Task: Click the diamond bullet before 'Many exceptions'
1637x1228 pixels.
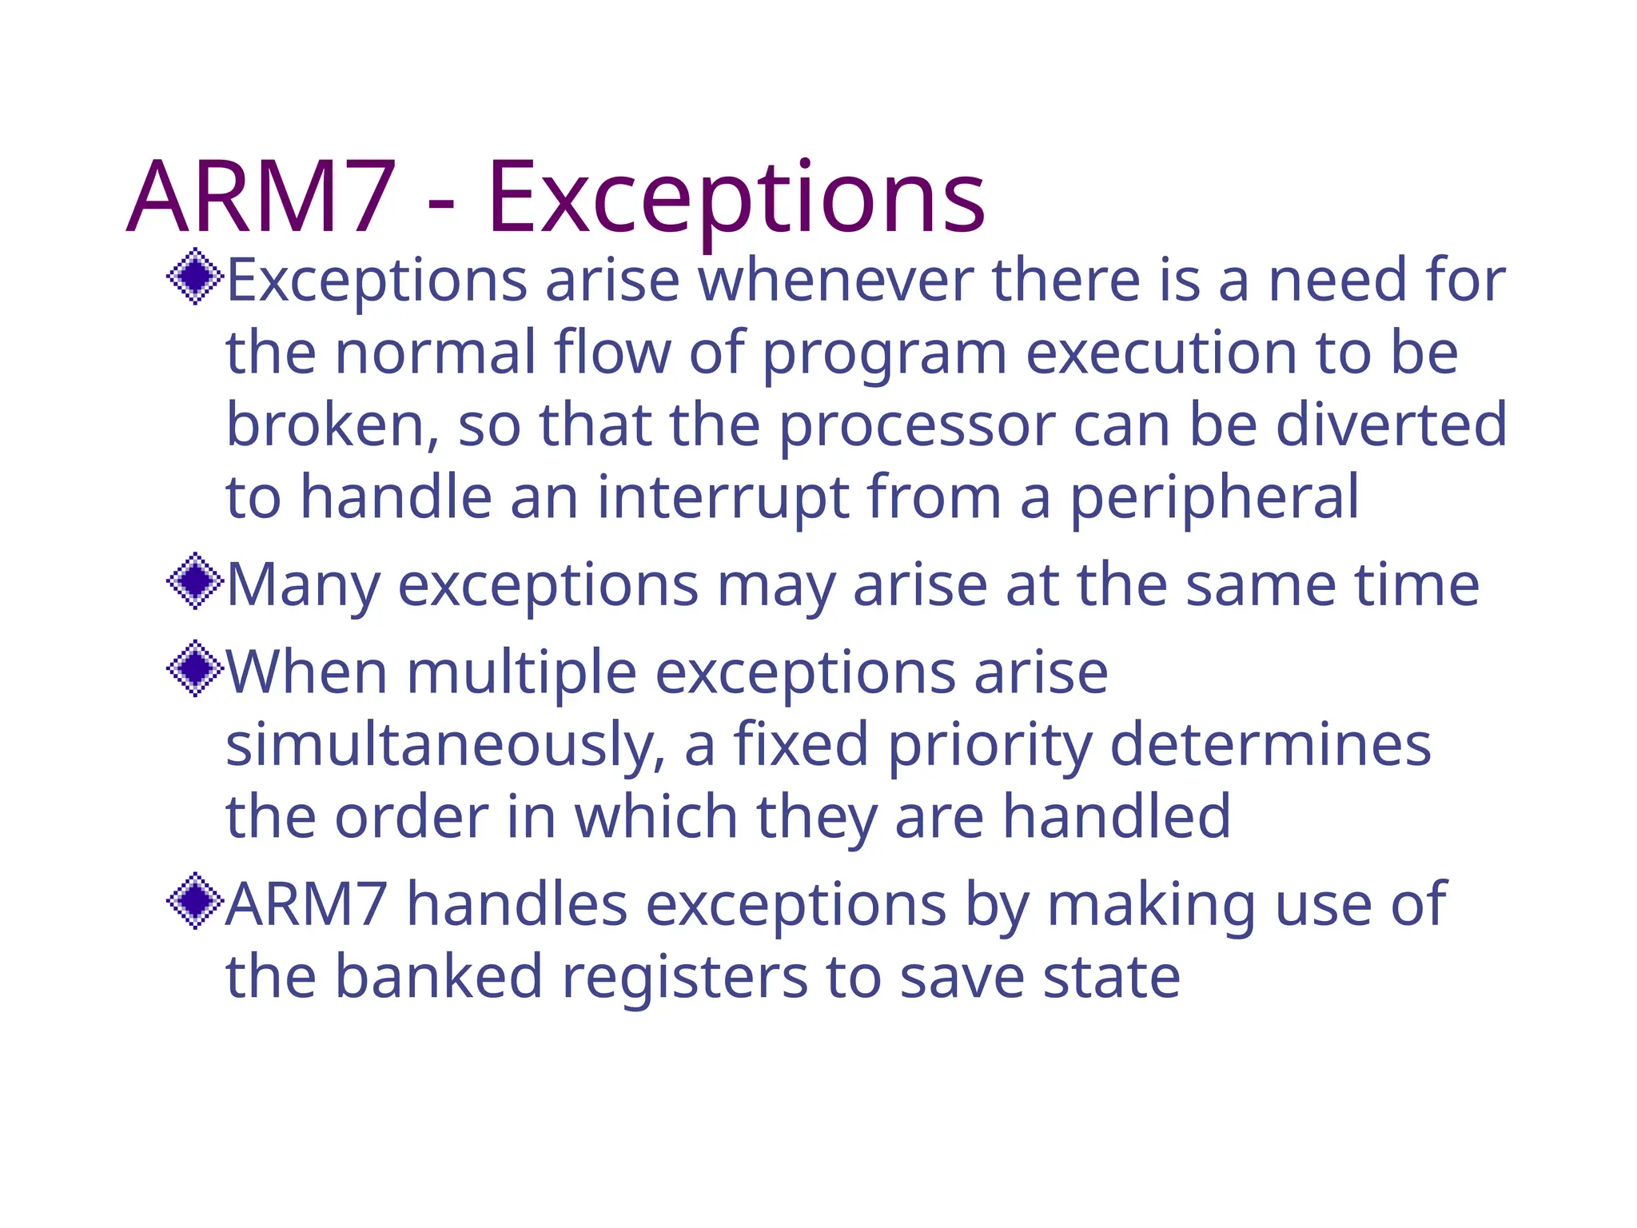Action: [x=194, y=581]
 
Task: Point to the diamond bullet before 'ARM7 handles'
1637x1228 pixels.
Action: [x=194, y=901]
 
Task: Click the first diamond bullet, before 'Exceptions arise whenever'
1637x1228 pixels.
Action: [x=194, y=277]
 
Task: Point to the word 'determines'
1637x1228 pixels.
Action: [x=1271, y=744]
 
